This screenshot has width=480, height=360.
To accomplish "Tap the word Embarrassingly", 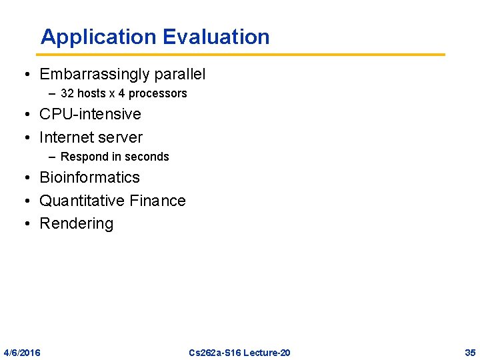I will (x=96, y=74).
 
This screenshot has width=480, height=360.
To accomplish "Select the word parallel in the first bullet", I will (x=181, y=74).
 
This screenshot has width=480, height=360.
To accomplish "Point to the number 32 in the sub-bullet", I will (x=67, y=93).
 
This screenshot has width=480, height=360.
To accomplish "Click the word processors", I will (x=158, y=93).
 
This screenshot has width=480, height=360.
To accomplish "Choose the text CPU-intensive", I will (x=90, y=114).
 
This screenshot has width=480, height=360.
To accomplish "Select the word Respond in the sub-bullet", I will (x=83, y=157).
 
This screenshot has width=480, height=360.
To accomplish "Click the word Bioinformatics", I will (x=90, y=177).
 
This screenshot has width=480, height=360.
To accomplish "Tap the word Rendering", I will (x=77, y=223).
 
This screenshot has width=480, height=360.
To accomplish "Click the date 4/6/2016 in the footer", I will (x=22, y=352).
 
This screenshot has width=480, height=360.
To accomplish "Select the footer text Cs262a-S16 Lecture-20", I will (x=239, y=352).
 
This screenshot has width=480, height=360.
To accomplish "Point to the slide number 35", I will (x=469, y=352).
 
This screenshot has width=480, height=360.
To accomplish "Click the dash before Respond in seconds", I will (x=53, y=157).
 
